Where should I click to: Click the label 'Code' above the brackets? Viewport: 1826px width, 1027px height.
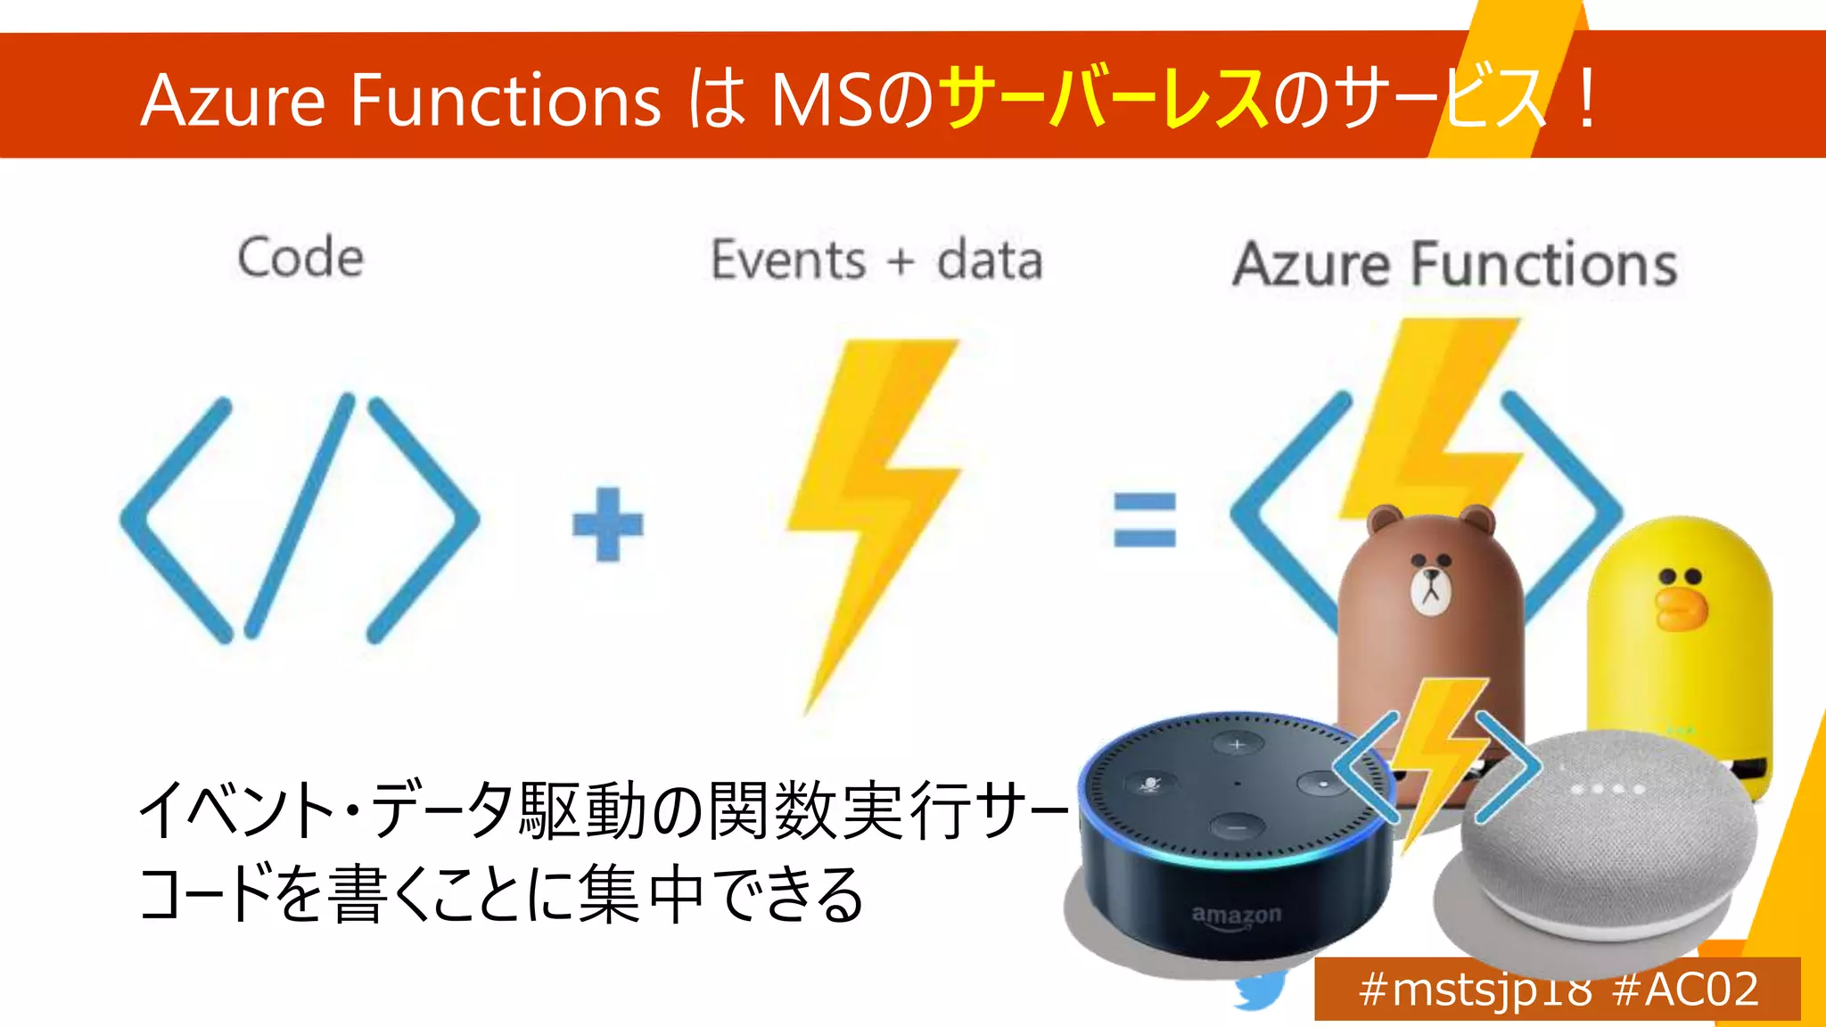coord(300,259)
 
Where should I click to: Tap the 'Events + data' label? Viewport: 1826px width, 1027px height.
coord(876,260)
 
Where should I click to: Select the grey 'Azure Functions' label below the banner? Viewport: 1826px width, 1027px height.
coord(1455,265)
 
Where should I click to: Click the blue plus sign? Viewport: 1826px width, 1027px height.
coord(607,524)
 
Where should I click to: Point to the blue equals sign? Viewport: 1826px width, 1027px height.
coord(1145,520)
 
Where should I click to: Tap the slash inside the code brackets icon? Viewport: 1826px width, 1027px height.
coord(300,517)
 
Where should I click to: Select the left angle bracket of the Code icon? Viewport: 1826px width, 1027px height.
coord(174,520)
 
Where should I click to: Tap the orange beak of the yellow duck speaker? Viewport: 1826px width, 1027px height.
coord(1680,606)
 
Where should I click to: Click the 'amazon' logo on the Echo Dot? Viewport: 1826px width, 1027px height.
coord(1237,916)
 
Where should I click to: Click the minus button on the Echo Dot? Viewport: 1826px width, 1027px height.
coord(1238,827)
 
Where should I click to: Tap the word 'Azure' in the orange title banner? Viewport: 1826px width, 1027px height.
coord(234,100)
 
